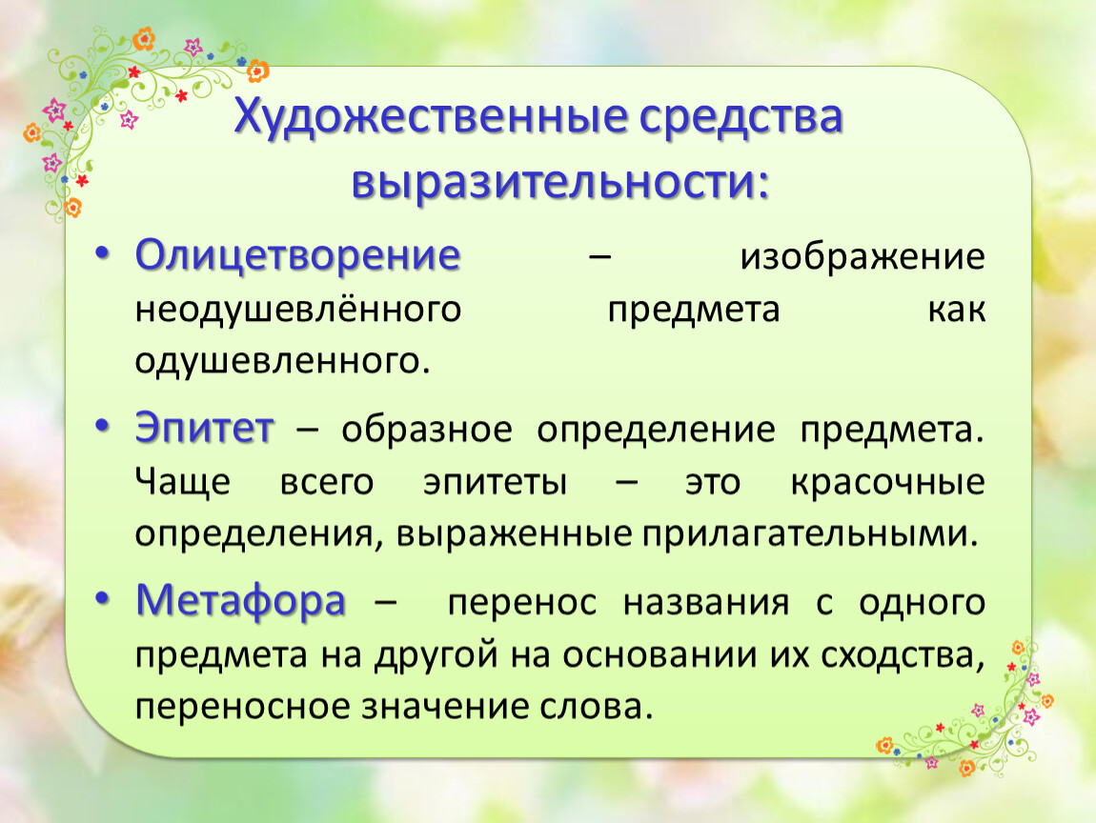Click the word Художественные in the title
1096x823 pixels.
click(429, 117)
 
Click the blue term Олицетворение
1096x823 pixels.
click(297, 256)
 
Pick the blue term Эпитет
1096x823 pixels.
click(204, 428)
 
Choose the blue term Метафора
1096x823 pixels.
click(240, 602)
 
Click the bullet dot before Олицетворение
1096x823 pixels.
click(103, 252)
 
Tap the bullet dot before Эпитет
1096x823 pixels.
click(103, 426)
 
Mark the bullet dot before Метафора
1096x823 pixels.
click(103, 599)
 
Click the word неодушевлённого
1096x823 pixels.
click(298, 308)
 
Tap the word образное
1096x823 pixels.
click(427, 430)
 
